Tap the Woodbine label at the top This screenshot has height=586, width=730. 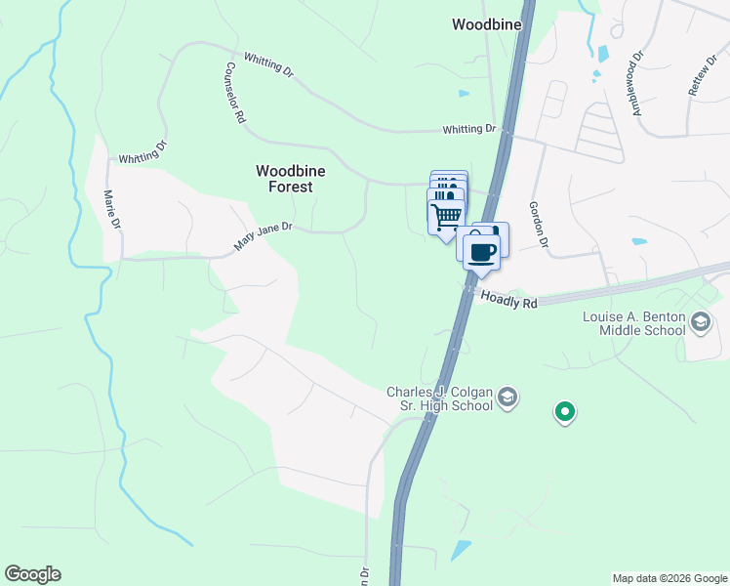[486, 23]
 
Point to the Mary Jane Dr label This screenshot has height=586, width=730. [263, 234]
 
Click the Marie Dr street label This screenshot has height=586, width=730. [112, 210]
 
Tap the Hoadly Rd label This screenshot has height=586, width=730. [508, 303]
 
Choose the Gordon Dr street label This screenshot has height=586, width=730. [539, 225]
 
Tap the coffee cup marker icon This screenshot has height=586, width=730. [480, 252]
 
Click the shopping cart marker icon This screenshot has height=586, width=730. [446, 215]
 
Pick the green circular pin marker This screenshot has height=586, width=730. [564, 412]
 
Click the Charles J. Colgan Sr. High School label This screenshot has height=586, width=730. [441, 398]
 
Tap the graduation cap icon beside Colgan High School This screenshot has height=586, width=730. [507, 397]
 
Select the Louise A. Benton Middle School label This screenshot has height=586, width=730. [634, 323]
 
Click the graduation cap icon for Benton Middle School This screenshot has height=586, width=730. [700, 321]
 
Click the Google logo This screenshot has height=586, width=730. [32, 574]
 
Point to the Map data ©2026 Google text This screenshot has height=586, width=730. [669, 578]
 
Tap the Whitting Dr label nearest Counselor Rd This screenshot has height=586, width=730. [268, 63]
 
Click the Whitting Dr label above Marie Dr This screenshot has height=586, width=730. [143, 151]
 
